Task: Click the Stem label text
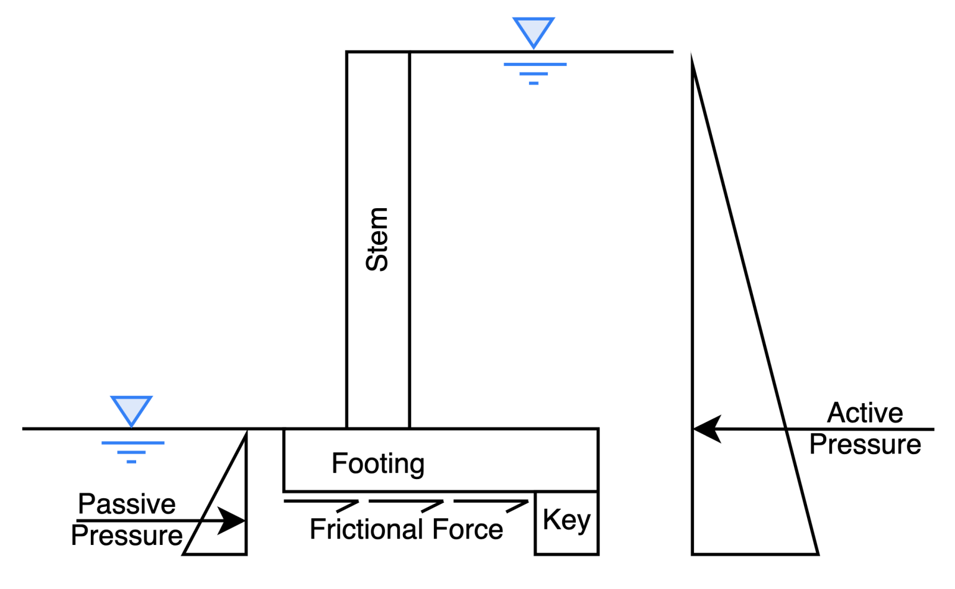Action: [x=377, y=239]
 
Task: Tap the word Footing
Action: [x=378, y=463]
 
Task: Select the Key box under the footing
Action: [x=566, y=523]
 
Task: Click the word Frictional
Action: [x=366, y=530]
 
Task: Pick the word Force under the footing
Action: [x=468, y=530]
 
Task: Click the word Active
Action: [x=865, y=413]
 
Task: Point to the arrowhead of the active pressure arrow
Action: [x=706, y=429]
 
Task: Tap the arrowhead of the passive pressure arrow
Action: [x=233, y=521]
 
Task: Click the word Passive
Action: [x=127, y=504]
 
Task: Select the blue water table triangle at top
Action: [x=533, y=30]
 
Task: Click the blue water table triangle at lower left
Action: [x=131, y=409]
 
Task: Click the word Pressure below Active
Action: [x=865, y=445]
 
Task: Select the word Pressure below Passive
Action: [x=127, y=536]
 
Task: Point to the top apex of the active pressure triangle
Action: [x=693, y=57]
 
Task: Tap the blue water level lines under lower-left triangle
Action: [x=132, y=452]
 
